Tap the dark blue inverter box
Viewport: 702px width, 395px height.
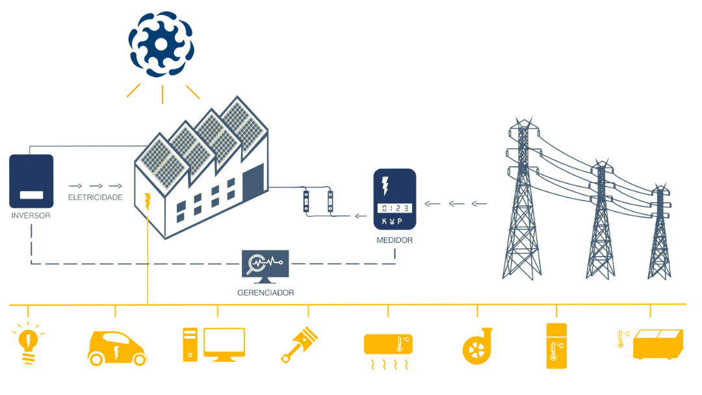coord(31,181)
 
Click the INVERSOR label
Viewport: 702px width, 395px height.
coord(31,215)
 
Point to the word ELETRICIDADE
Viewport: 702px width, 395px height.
coord(96,197)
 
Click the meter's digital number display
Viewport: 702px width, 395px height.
coord(395,208)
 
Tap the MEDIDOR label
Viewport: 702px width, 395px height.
coord(395,241)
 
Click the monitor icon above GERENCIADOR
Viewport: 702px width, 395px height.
coord(265,266)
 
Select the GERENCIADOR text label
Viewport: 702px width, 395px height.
coord(266,293)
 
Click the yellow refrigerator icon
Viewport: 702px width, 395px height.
coord(556,346)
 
